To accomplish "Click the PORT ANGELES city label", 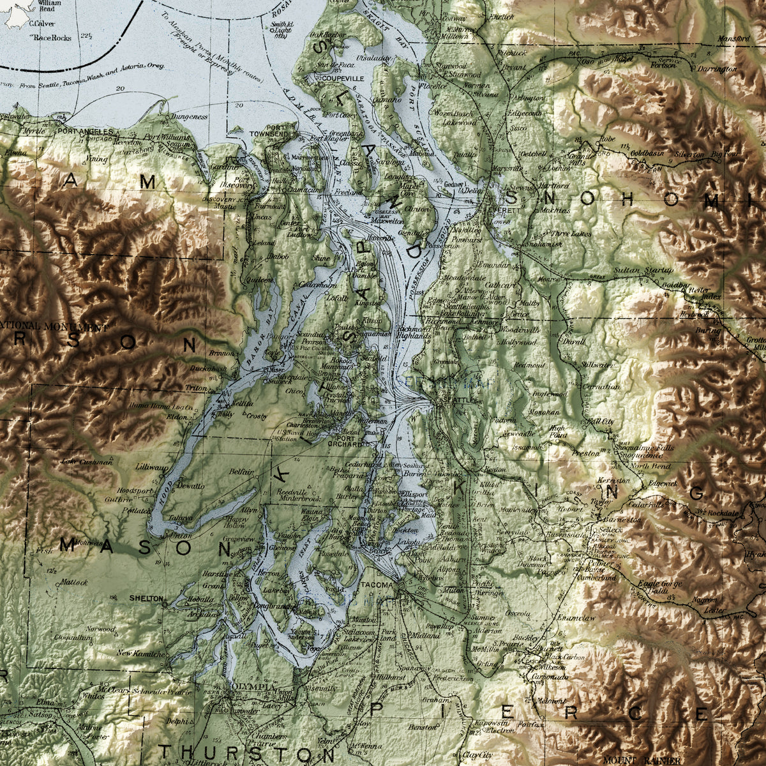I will pyautogui.click(x=85, y=131).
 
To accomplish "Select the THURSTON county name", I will pyautogui.click(x=237, y=752).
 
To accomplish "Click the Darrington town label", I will pyautogui.click(x=716, y=68).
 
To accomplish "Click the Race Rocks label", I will pyautogui.click(x=53, y=38).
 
